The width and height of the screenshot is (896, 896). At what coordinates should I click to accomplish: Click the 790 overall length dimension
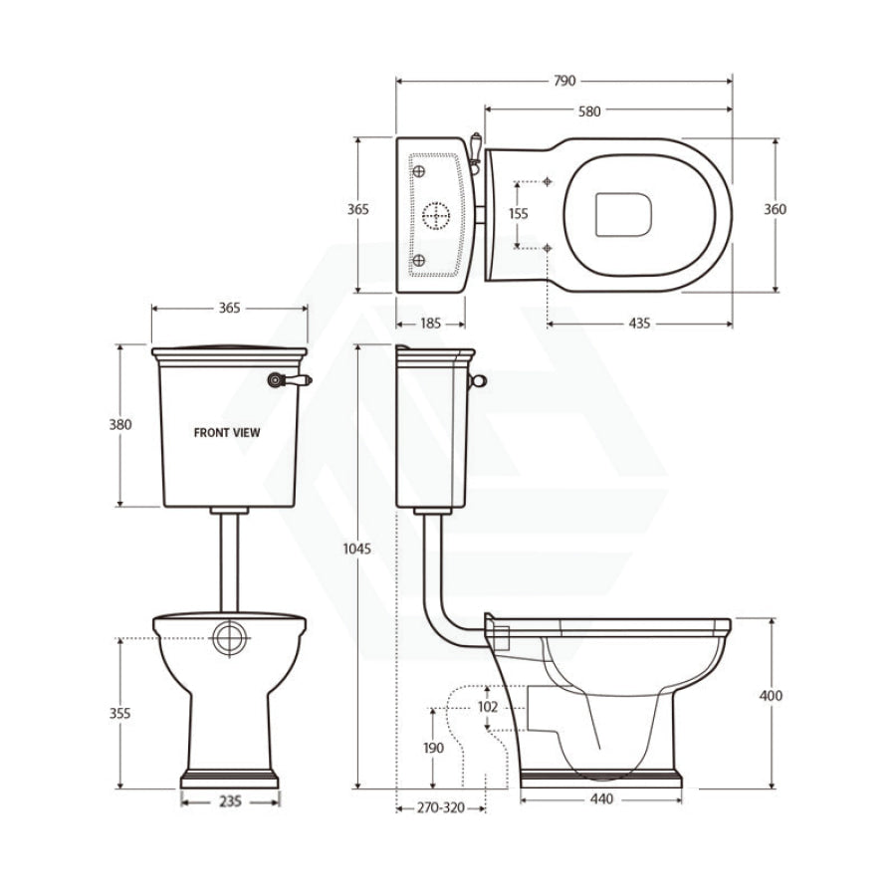pos(564,82)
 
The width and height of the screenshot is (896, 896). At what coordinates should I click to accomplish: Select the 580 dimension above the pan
pos(589,112)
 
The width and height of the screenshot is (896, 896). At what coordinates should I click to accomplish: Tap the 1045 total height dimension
pos(357,549)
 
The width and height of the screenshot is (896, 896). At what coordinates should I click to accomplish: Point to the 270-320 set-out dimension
pos(441,808)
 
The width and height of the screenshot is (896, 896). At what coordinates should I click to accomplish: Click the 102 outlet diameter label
pos(488,707)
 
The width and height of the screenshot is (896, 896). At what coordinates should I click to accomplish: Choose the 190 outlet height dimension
pos(433,748)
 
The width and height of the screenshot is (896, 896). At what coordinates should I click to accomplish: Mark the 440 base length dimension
pos(601,798)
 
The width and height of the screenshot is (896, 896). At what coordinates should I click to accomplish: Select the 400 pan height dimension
pos(771,696)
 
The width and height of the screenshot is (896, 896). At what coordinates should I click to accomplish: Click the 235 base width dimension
pos(230,801)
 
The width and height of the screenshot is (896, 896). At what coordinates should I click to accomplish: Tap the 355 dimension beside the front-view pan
pos(120,713)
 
